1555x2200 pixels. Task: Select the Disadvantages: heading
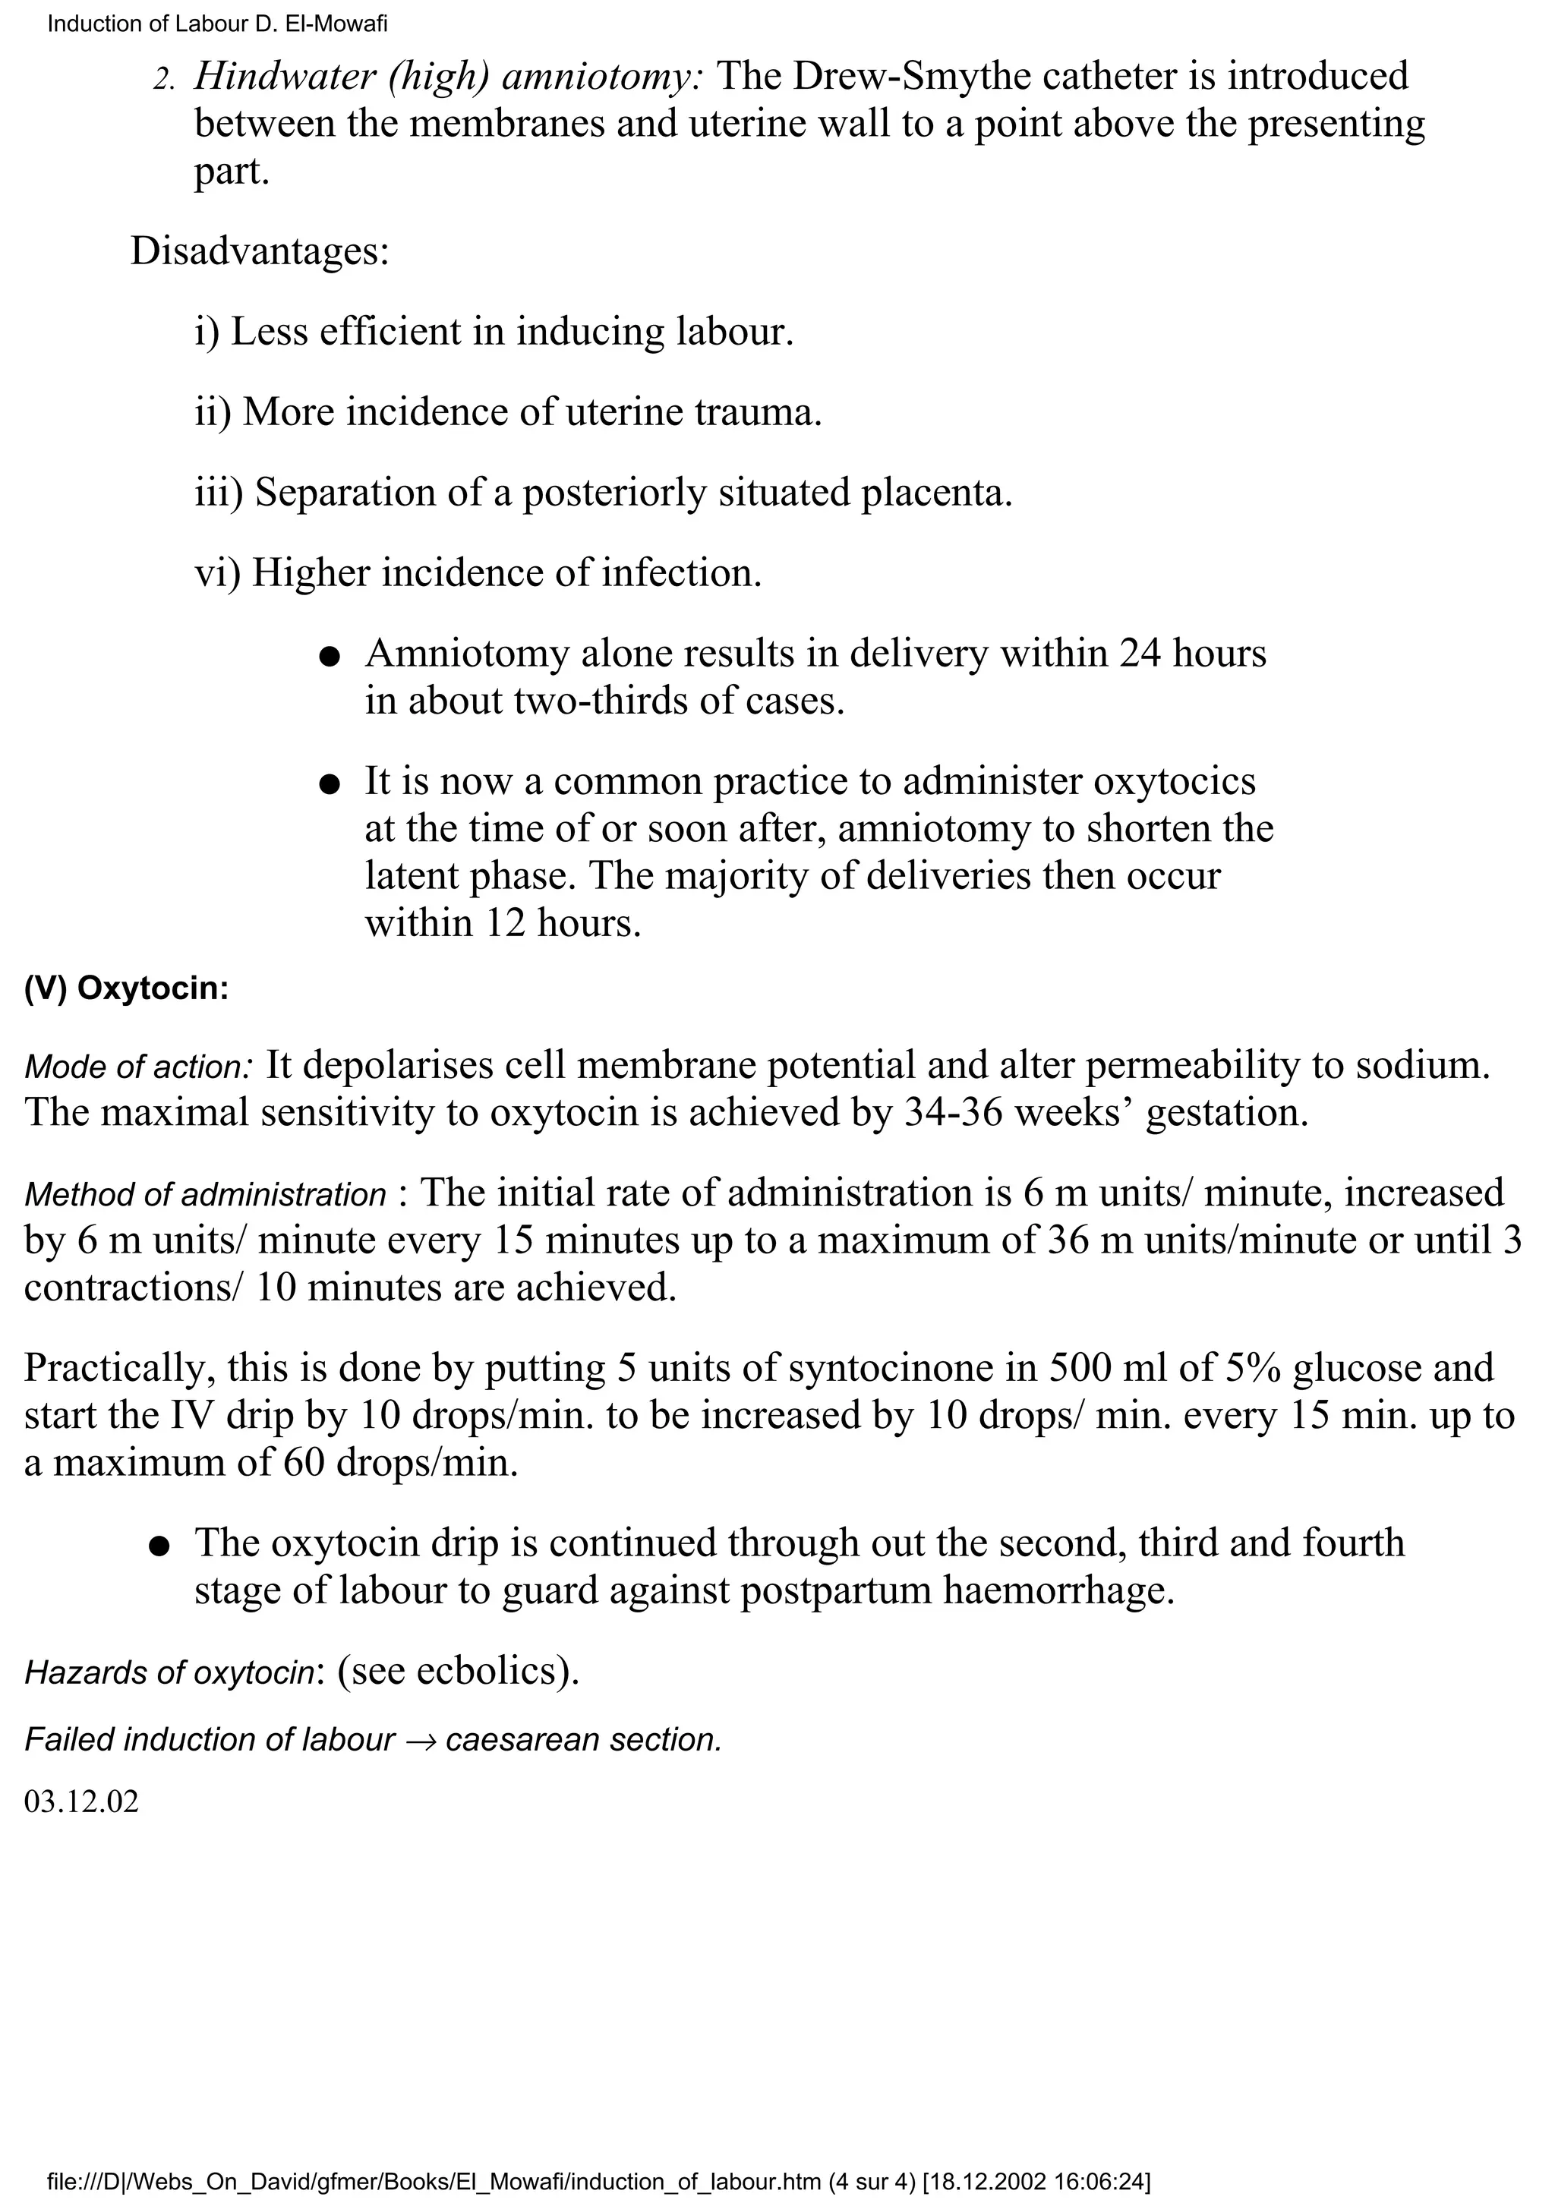[x=260, y=252]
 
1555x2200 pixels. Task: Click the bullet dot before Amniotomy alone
[x=329, y=657]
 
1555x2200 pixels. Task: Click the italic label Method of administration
[x=205, y=1196]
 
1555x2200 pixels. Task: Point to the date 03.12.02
[x=81, y=1802]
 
